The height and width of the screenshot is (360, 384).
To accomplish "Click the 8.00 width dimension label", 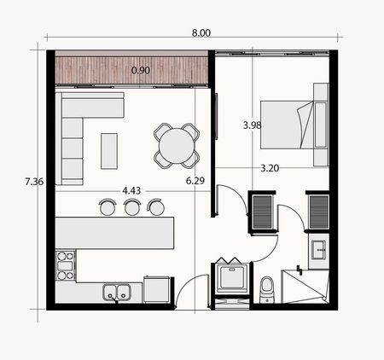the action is [x=201, y=32].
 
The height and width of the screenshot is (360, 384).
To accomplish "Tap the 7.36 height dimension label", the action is [x=34, y=182].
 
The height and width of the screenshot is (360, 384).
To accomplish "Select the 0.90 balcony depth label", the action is [x=141, y=70].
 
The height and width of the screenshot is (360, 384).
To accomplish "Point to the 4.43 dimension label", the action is [x=131, y=190].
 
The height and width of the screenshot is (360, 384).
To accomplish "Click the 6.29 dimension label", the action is [x=195, y=180].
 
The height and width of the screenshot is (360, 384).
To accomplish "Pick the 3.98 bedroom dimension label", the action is [x=252, y=125].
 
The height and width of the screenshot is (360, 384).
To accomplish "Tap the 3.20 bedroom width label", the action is [x=270, y=168].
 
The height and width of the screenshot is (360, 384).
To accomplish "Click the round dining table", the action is [x=177, y=146].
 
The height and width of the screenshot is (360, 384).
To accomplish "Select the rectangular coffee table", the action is [x=109, y=151].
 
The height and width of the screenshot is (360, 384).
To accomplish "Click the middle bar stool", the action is [x=132, y=206].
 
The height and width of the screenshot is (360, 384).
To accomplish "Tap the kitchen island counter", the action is [x=114, y=233].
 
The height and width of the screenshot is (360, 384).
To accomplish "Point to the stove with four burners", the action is [x=65, y=265].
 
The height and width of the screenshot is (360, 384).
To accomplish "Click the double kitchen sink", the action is [x=117, y=293].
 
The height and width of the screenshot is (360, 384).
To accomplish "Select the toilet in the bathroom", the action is [x=267, y=290].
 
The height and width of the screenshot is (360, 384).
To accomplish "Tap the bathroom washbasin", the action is [x=318, y=250].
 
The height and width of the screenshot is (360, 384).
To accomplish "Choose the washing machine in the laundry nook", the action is [x=232, y=277].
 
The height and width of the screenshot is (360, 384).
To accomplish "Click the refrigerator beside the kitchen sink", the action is [x=158, y=290].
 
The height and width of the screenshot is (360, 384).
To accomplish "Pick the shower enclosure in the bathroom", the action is [x=305, y=286].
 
